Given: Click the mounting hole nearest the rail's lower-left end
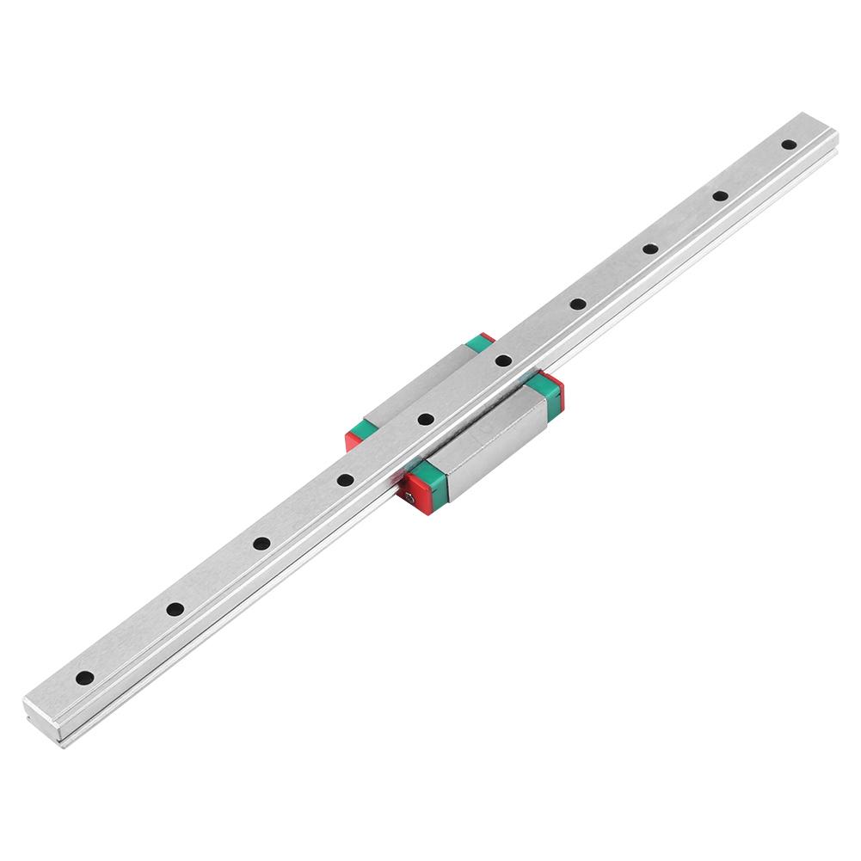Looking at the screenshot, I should (83, 678).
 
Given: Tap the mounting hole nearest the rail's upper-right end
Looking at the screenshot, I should (788, 145).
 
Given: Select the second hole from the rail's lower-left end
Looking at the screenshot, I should (175, 609).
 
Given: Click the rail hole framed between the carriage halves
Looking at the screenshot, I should (425, 420).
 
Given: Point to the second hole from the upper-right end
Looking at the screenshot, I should (720, 196).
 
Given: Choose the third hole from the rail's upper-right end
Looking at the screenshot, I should (650, 249).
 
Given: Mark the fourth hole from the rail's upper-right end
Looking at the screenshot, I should (577, 304).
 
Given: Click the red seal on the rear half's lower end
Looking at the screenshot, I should (353, 440).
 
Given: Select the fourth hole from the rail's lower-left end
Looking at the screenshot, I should (344, 479).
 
